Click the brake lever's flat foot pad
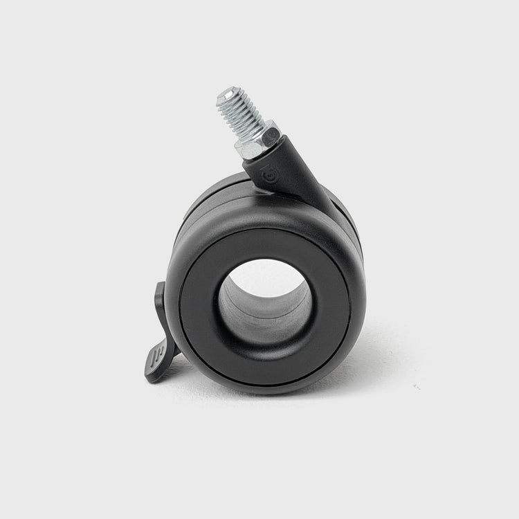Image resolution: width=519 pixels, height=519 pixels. coord(156,363)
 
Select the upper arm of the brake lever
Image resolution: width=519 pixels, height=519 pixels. coord(160,304)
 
